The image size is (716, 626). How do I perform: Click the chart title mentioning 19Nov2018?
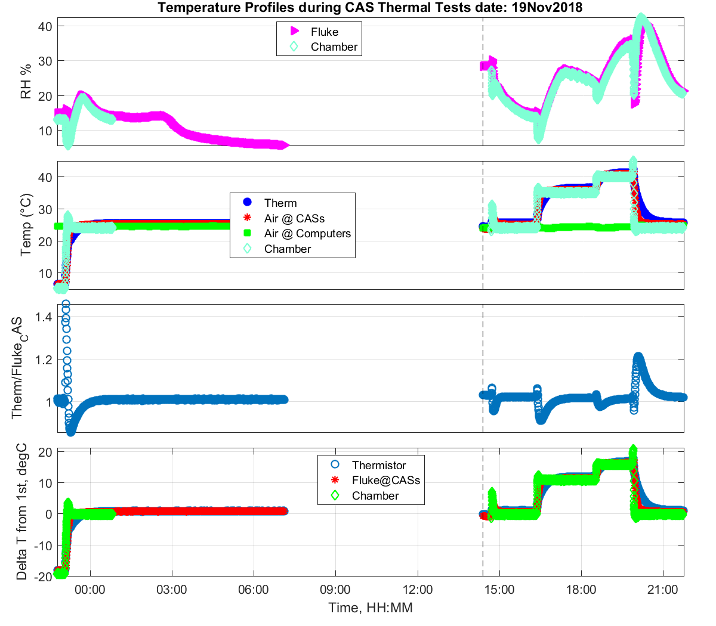click(370, 8)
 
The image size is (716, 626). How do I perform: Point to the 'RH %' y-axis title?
click(26, 82)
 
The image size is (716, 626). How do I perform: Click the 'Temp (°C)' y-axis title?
click(26, 225)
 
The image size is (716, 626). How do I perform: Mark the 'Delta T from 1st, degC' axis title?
click(22, 512)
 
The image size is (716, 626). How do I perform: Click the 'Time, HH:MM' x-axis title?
click(371, 608)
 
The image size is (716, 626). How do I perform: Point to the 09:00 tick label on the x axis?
click(335, 590)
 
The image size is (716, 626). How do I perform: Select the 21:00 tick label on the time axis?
click(663, 590)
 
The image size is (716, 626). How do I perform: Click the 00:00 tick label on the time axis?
click(90, 590)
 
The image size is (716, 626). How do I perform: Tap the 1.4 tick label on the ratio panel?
click(44, 317)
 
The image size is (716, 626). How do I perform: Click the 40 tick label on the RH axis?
click(45, 26)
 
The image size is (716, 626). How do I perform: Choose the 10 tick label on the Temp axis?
click(45, 274)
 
